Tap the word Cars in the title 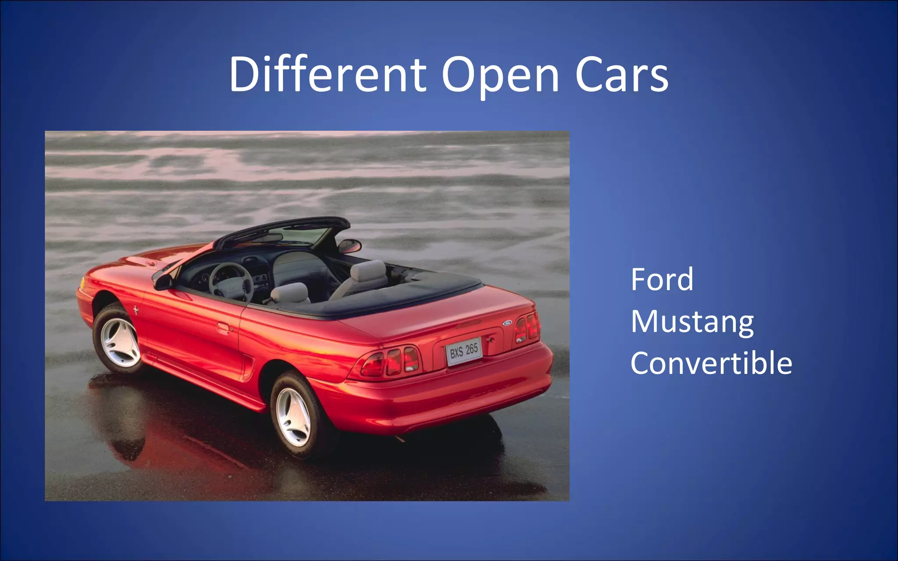622,75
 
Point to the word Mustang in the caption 692,322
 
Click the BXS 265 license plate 464,351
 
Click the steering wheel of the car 231,283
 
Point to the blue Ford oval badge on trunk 507,323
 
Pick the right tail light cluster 527,327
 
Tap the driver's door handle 223,327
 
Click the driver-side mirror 163,281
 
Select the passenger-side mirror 349,245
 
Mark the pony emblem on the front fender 136,311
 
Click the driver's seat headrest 289,293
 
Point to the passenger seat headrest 368,270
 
